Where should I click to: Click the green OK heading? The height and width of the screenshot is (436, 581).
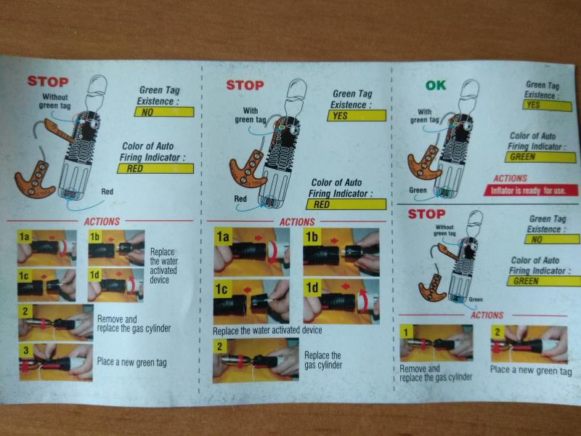(x=435, y=86)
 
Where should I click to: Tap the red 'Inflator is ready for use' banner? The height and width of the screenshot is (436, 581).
(x=531, y=190)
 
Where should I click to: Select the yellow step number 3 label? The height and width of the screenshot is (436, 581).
(x=25, y=351)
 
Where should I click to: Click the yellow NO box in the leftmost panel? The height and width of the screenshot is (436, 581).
(x=164, y=112)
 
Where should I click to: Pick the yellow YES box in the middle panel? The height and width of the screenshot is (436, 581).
(x=357, y=116)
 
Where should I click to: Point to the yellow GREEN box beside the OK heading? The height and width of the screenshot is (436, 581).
(x=540, y=157)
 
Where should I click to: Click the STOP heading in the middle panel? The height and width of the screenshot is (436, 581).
(x=245, y=85)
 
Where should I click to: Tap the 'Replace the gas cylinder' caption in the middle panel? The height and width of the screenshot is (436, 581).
(x=322, y=360)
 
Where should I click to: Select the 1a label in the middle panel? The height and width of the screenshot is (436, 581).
(x=223, y=237)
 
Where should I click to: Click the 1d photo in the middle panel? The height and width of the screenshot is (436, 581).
(x=341, y=302)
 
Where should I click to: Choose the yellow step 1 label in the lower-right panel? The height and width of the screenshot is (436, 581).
(x=407, y=332)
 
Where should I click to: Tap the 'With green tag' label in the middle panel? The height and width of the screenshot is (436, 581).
(x=251, y=116)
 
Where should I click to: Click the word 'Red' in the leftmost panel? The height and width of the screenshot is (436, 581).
(x=107, y=192)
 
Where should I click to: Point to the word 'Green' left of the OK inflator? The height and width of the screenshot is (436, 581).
(x=418, y=190)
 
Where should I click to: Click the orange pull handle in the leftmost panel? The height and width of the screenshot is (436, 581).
(x=35, y=179)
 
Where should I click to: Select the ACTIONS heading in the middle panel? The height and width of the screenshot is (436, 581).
(x=297, y=222)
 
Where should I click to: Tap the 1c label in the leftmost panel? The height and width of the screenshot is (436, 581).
(x=24, y=276)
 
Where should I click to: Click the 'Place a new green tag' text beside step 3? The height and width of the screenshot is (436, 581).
(x=132, y=362)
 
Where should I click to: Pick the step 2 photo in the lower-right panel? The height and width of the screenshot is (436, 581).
(x=529, y=344)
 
